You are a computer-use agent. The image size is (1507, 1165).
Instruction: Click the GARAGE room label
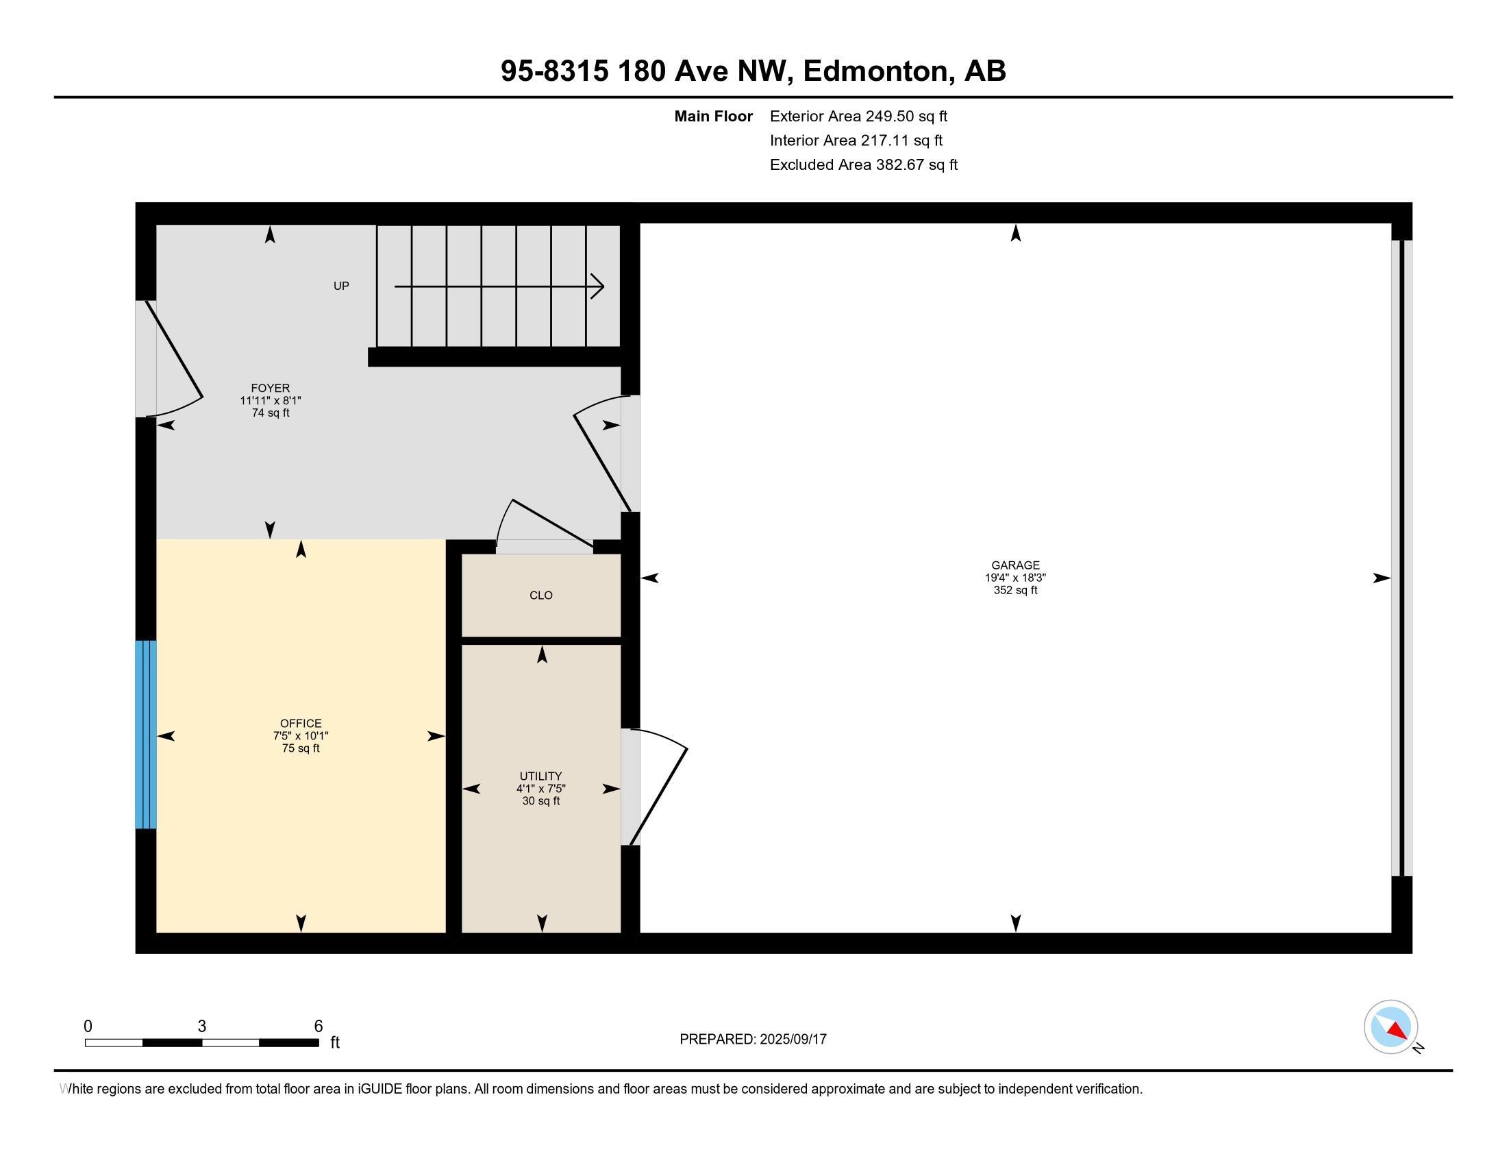[x=1015, y=565]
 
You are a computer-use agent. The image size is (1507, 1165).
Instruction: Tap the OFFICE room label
[x=301, y=723]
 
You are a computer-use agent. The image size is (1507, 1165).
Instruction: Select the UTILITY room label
[x=541, y=776]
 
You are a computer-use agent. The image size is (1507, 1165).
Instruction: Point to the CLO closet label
[x=541, y=595]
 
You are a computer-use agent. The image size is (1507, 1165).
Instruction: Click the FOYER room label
[x=271, y=388]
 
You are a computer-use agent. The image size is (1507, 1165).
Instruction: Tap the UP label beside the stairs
[x=342, y=286]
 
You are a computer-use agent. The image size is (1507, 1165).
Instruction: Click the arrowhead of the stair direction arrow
[x=598, y=286]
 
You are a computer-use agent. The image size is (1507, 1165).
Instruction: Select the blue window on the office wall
[x=146, y=735]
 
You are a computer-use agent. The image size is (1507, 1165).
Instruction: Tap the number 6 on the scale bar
[x=318, y=1026]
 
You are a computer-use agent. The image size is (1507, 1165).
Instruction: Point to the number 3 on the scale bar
[x=201, y=1026]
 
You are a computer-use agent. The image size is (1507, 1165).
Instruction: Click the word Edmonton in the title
[x=875, y=71]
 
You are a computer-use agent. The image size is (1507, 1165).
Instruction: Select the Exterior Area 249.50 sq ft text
[x=858, y=116]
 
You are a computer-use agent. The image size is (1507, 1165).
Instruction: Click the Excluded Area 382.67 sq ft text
[x=863, y=164]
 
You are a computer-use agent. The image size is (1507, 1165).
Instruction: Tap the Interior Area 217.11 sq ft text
[x=856, y=140]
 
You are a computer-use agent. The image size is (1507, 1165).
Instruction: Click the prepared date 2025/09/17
[x=792, y=1039]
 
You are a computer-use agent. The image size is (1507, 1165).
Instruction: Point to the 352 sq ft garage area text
[x=1015, y=590]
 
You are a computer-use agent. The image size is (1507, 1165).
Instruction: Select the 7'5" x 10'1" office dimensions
[x=301, y=736]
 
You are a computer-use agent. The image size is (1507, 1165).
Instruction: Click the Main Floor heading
[x=714, y=116]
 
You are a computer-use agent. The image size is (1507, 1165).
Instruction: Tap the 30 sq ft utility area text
[x=541, y=800]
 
